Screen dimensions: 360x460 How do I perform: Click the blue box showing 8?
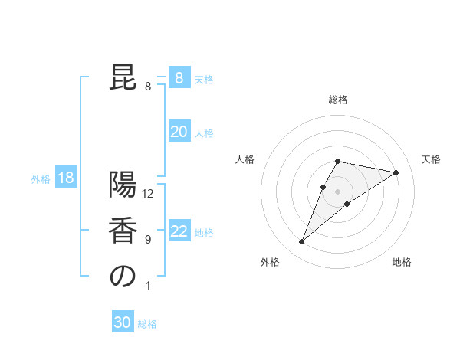(x=179, y=78)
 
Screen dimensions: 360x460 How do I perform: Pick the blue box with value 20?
(x=179, y=132)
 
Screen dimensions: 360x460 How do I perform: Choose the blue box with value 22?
(x=179, y=231)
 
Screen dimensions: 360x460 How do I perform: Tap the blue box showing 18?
(x=66, y=178)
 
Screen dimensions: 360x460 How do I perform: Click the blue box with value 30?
(x=123, y=322)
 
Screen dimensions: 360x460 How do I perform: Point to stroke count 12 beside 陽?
(x=148, y=194)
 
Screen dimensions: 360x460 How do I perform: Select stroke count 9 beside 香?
(x=148, y=240)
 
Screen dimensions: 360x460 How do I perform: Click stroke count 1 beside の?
(x=148, y=286)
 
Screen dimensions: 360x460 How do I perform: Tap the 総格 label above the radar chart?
(x=338, y=100)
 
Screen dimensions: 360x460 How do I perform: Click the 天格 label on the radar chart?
(x=431, y=159)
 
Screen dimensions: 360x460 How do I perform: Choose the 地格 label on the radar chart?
(x=402, y=262)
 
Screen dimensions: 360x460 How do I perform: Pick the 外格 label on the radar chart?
(x=270, y=262)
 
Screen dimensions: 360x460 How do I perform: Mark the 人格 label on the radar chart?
(x=245, y=159)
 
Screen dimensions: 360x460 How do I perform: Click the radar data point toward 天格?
(x=396, y=172)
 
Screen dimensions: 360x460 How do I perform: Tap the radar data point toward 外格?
(x=302, y=242)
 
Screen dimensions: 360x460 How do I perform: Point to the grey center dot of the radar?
(x=338, y=191)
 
